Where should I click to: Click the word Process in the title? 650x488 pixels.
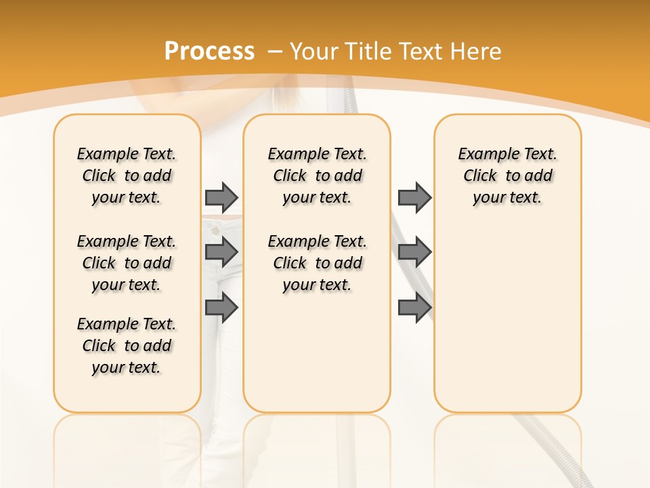209,52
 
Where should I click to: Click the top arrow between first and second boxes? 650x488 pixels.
221,197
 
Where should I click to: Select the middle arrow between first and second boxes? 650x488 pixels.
221,252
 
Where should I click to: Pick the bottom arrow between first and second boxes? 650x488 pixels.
221,308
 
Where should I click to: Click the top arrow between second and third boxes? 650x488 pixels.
414,197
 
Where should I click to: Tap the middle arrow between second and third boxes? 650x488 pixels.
414,252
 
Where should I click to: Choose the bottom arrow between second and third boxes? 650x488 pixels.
414,308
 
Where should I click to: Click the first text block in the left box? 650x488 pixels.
127,176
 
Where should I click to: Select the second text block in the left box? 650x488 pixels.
127,263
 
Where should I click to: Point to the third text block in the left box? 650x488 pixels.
127,346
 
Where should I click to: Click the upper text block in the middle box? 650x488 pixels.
317,176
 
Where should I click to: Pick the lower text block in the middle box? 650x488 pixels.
317,263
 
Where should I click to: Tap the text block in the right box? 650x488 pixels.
507,176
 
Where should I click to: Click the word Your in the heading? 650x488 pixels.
315,52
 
